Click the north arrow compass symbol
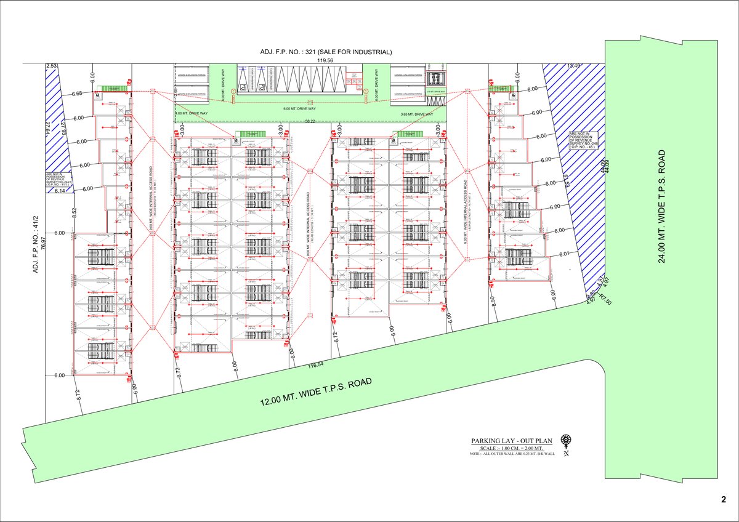point(565,441)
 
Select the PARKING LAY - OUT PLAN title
point(511,441)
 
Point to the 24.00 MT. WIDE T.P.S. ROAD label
point(662,206)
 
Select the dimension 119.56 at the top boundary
point(325,60)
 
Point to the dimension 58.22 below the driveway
point(310,122)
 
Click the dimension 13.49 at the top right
point(574,65)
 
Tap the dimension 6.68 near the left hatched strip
point(77,94)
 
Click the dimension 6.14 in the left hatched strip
point(60,191)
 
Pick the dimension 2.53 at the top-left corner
point(51,65)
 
